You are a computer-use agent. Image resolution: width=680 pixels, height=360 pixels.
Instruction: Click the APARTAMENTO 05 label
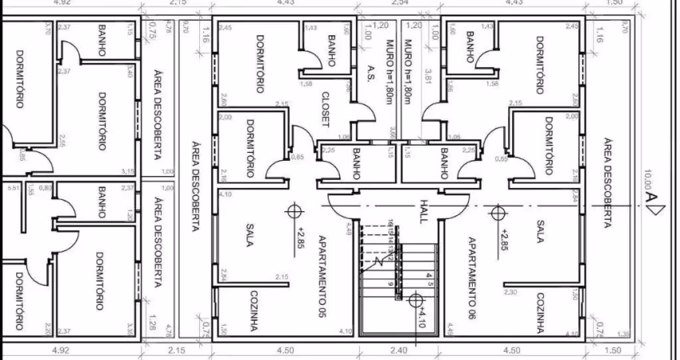[322, 276]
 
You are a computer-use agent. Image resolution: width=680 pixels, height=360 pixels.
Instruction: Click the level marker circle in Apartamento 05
[296, 211]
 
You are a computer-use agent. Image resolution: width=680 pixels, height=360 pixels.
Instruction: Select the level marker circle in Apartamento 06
[498, 212]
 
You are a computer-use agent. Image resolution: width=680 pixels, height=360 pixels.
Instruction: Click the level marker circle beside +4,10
[414, 300]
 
